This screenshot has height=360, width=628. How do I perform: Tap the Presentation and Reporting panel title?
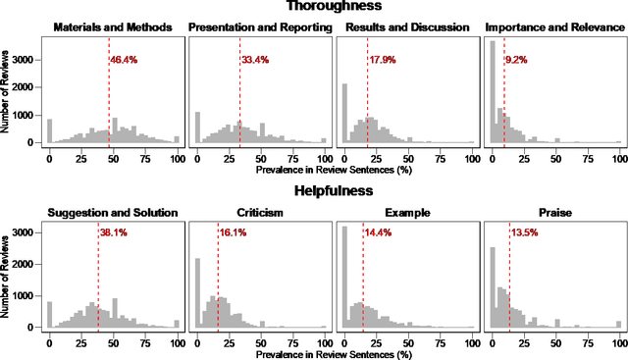pos(260,27)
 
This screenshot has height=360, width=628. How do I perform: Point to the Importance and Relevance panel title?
pos(555,27)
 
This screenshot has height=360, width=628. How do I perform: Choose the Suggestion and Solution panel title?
pos(113,212)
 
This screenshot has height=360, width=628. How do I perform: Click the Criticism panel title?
pos(260,212)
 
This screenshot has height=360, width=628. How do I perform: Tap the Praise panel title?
pos(555,212)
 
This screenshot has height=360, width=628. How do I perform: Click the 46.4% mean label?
pos(123,61)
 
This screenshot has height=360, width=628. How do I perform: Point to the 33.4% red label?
pos(254,61)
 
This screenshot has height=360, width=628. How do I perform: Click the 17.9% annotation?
pos(383,61)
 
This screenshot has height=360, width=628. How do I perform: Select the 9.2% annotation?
pos(516,61)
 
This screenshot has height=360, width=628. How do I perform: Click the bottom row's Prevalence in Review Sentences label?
pos(334,353)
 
